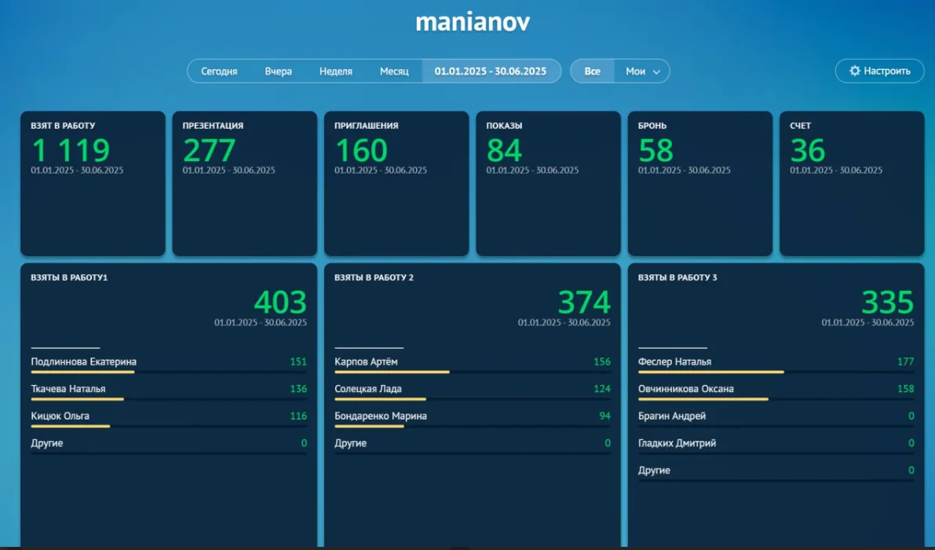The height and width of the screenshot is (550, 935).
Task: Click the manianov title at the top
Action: pos(472,22)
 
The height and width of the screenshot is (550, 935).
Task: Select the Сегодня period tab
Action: pos(219,71)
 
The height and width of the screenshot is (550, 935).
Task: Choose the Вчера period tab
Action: pos(278,71)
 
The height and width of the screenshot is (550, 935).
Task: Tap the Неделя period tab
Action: pos(335,71)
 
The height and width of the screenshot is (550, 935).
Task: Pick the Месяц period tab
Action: pos(394,71)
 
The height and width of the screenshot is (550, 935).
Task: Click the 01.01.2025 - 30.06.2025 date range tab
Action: pos(491,71)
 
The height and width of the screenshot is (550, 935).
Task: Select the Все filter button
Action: pos(592,71)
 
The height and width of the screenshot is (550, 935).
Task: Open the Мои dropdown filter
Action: pos(642,71)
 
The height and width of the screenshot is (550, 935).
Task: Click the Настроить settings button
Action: pos(879,71)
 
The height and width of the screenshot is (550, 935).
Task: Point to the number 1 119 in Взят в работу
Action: pos(71,150)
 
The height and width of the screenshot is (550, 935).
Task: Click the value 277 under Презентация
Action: pos(209,150)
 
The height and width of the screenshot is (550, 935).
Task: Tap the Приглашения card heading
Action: pos(366,126)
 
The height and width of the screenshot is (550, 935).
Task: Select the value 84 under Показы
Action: pos(504,150)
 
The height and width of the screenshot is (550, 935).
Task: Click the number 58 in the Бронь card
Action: pos(656,150)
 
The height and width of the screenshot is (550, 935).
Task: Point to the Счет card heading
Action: pos(800,126)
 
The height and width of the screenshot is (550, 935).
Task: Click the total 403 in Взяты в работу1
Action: pos(280,302)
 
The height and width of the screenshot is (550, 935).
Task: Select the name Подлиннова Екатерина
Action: pos(83,362)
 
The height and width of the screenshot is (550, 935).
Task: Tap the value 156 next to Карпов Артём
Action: pos(601,362)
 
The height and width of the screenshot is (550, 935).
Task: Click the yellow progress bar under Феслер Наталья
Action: pos(710,372)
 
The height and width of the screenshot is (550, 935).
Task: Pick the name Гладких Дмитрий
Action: pos(677,443)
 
